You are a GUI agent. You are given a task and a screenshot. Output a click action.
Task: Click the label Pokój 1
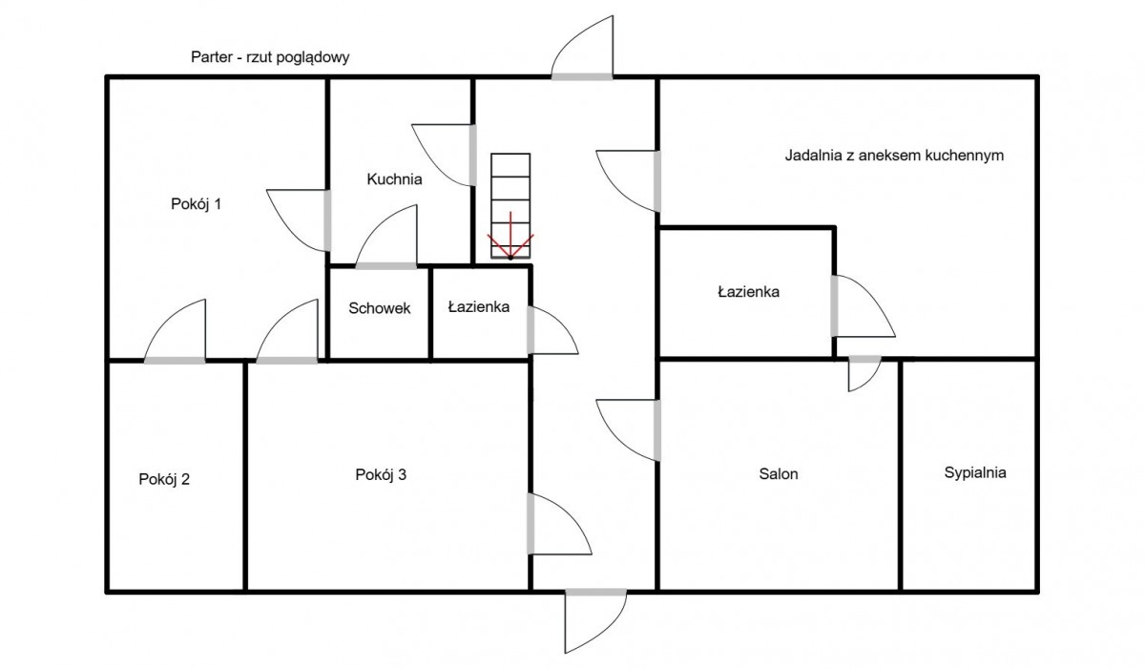point(196,204)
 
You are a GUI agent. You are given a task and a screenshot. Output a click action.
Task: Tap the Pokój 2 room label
point(164,479)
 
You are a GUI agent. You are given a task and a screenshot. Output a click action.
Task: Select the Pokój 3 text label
point(381,475)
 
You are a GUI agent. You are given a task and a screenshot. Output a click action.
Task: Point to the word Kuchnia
point(394,179)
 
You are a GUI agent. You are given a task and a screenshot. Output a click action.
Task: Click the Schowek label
point(380,308)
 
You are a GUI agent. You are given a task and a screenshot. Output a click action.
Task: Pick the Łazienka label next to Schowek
point(478,306)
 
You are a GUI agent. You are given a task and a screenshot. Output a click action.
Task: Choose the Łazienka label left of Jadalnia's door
point(748,292)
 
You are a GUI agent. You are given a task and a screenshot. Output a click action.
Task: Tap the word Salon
point(778,474)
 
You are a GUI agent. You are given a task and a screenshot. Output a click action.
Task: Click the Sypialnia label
point(975,472)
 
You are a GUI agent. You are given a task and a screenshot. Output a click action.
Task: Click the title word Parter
point(212,56)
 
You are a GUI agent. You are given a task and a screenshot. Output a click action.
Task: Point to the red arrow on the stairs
point(510,236)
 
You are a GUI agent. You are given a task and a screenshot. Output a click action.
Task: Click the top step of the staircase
point(510,165)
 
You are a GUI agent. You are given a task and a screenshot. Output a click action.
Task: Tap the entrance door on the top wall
point(582,48)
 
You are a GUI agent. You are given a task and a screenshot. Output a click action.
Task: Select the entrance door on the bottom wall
point(595,620)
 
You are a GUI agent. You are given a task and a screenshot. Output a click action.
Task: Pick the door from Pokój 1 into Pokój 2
point(175,331)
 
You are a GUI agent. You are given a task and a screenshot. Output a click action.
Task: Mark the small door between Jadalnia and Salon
point(864,373)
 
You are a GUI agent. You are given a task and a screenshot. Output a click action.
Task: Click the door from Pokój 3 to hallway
point(559,524)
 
